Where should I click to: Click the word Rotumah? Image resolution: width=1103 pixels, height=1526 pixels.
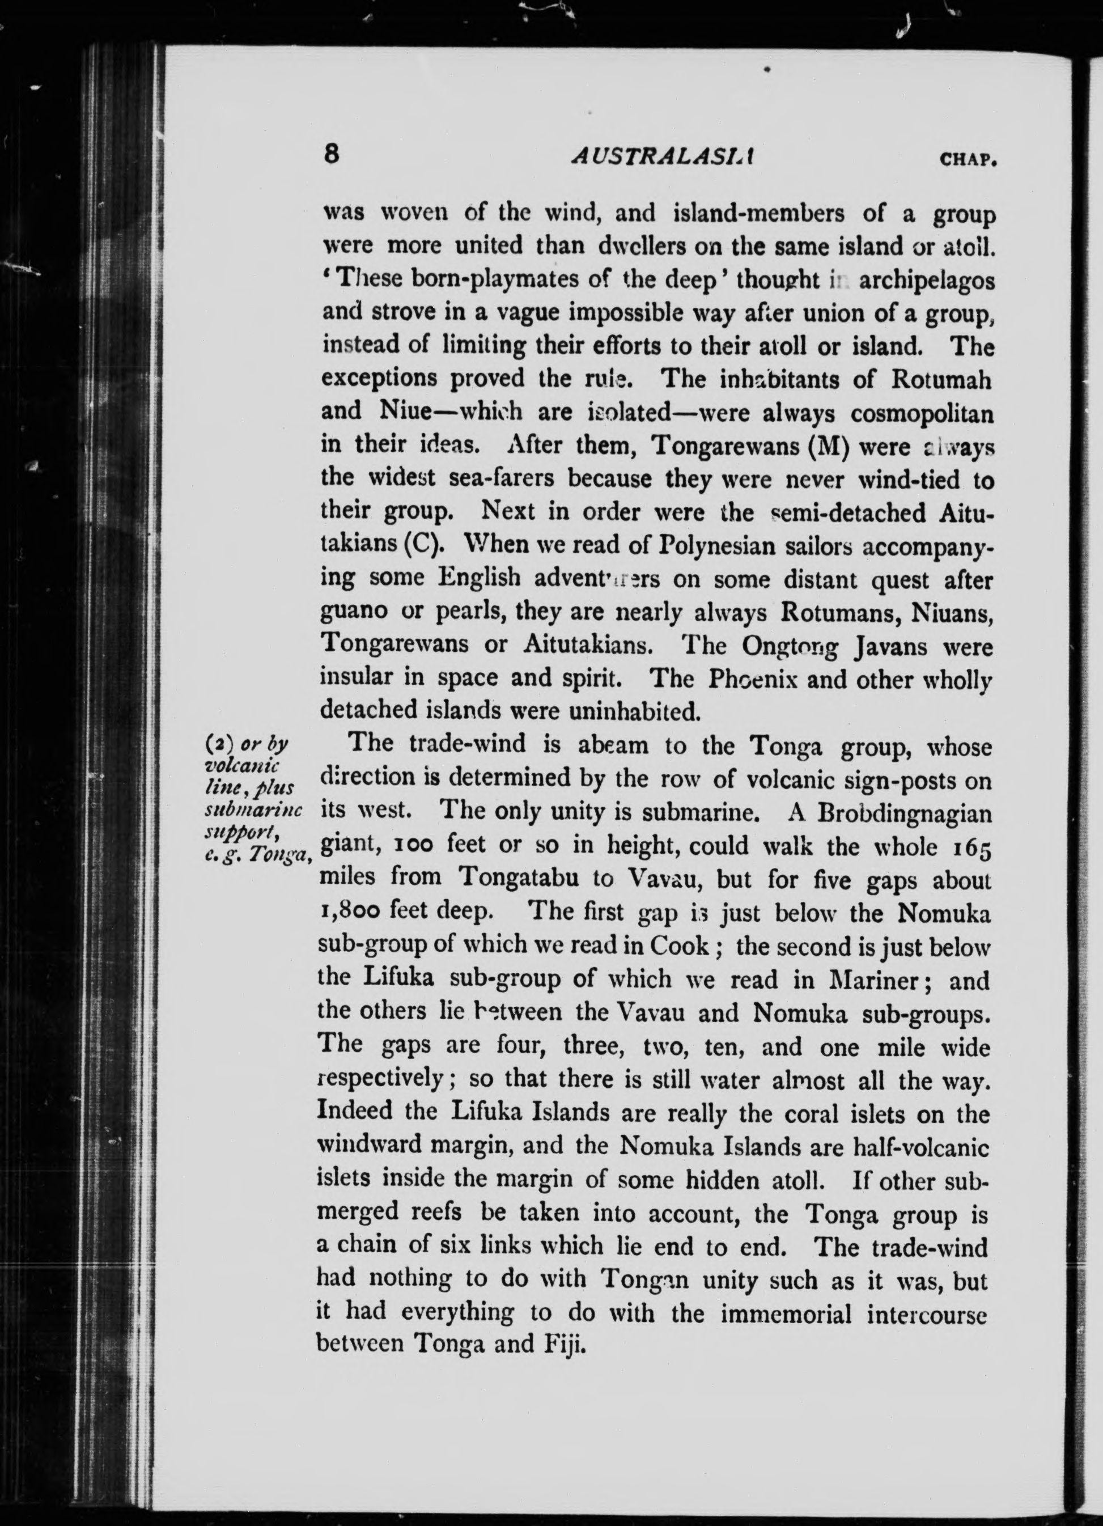(x=942, y=379)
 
